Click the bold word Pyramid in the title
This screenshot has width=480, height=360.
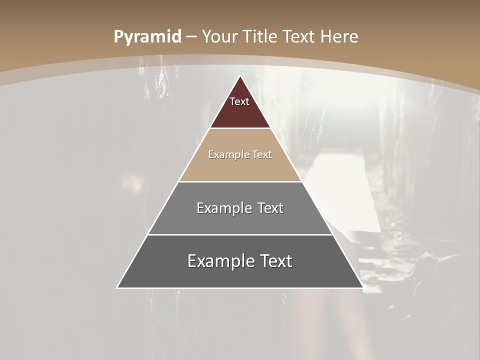click(147, 37)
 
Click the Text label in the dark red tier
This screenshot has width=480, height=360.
click(239, 101)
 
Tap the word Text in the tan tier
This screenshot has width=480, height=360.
click(262, 154)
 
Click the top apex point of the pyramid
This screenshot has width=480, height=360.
click(240, 75)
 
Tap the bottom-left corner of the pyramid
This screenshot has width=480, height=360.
click(117, 288)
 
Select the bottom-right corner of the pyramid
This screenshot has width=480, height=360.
click(363, 288)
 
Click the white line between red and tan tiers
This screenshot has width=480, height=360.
click(240, 128)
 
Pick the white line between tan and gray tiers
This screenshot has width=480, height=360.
click(240, 181)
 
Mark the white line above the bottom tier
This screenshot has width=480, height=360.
click(240, 234)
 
